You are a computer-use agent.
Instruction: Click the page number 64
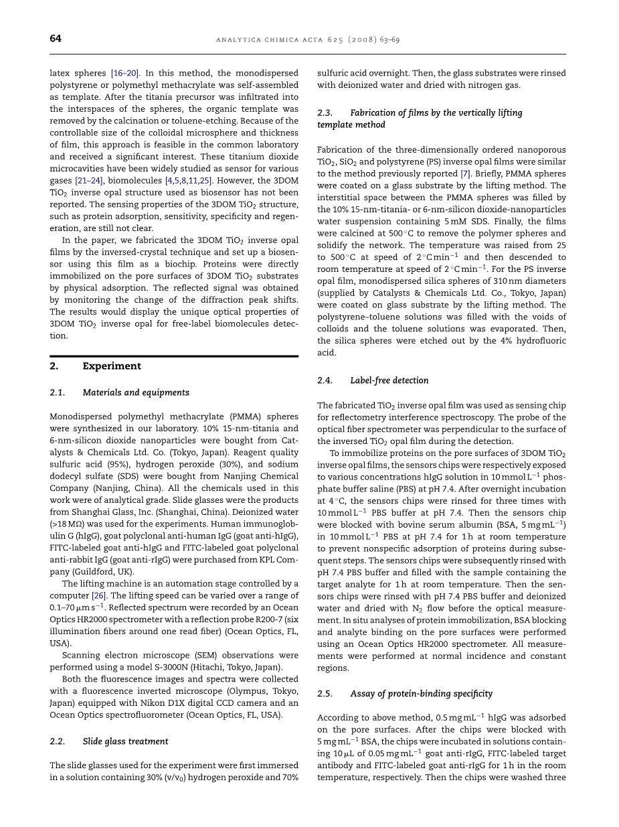click(56, 39)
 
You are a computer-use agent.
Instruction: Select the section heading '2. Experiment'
click(95, 366)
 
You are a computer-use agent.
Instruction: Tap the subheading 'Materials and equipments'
click(136, 393)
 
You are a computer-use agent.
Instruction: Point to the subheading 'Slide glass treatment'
click(125, 741)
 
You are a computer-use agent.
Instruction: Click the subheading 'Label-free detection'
click(389, 380)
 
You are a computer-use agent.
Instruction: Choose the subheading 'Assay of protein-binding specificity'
click(421, 694)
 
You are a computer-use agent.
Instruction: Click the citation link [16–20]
click(125, 74)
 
